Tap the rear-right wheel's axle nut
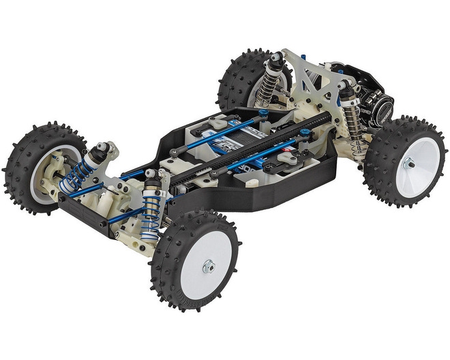pyautogui.click(x=408, y=163)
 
